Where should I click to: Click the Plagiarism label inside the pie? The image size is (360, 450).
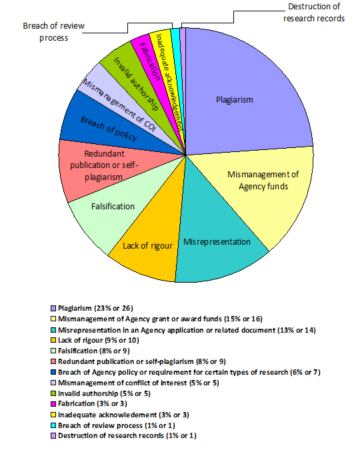235,100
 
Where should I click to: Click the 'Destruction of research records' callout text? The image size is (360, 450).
314,13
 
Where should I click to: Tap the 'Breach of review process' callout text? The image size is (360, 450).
54,32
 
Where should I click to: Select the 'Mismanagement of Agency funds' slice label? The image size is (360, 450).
263,181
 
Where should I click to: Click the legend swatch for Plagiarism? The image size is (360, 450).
53,308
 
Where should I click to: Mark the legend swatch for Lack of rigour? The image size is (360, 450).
53,340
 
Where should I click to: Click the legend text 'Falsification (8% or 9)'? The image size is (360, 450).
94,351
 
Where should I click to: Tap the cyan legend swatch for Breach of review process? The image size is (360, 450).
53,425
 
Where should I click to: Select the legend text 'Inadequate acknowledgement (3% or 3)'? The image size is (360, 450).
123,415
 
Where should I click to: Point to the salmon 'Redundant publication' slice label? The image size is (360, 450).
104,165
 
